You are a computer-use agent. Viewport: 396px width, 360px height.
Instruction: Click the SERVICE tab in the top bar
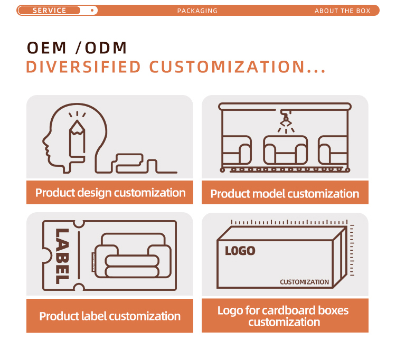point(49,11)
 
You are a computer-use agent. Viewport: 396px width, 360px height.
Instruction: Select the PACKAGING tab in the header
point(197,11)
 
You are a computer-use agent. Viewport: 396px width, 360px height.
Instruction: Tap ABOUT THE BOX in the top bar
point(342,11)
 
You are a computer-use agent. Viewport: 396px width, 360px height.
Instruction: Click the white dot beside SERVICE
point(92,11)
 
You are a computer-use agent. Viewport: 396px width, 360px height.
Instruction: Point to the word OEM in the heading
point(46,48)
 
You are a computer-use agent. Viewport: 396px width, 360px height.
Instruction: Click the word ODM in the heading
point(106,48)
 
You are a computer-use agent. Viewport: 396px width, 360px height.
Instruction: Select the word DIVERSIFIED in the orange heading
point(83,67)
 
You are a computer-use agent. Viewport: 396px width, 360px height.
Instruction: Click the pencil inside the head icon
point(77,140)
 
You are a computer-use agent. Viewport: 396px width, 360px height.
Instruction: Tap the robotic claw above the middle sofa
point(286,118)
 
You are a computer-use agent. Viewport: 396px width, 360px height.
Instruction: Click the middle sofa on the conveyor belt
point(285,150)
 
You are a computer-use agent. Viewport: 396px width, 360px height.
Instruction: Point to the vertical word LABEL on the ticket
point(62,256)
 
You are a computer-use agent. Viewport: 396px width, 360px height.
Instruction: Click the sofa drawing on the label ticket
point(133,255)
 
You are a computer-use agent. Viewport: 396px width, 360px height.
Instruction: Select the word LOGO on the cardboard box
point(240,251)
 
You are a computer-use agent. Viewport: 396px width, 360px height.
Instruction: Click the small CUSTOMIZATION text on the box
point(304,282)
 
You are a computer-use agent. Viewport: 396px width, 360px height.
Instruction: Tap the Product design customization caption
point(110,193)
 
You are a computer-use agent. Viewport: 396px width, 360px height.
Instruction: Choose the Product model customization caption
point(285,194)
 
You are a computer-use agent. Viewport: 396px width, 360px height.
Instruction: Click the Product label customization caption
point(110,316)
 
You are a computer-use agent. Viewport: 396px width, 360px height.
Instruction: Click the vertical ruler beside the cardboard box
point(352,250)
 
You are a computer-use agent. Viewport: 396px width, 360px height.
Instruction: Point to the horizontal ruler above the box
point(289,222)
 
